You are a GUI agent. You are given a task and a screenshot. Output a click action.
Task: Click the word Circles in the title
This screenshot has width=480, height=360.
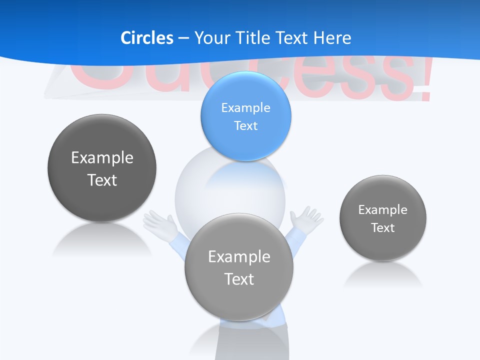[147, 38]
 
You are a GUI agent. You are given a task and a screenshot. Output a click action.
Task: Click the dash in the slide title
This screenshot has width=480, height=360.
[183, 38]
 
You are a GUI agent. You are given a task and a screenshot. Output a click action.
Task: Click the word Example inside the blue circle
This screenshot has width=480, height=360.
[245, 107]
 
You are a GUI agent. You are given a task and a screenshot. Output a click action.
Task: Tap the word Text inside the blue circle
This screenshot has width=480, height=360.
[245, 125]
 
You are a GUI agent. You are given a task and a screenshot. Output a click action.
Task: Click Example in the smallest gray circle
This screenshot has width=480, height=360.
[382, 209]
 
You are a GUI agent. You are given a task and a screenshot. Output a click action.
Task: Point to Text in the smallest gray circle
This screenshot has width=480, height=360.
[382, 227]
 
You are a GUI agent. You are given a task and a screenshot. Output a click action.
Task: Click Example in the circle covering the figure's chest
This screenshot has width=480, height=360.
[239, 256]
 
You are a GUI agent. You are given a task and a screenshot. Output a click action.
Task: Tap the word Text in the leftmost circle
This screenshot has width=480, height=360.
[102, 180]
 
